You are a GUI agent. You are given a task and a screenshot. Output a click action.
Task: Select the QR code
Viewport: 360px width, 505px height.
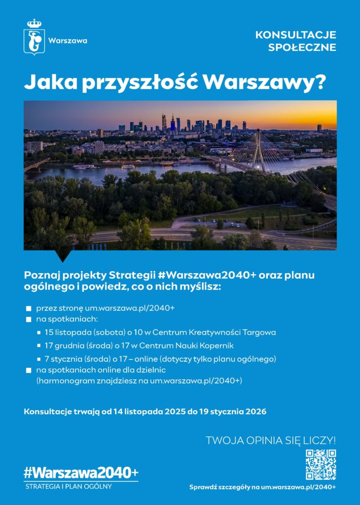(321, 465)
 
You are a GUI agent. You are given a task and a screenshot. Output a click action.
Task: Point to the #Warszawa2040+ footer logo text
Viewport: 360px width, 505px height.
(81, 472)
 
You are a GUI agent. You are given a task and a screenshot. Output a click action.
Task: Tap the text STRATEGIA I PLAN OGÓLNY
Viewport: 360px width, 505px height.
(69, 486)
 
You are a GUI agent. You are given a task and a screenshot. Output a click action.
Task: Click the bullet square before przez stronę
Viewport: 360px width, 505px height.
(29, 308)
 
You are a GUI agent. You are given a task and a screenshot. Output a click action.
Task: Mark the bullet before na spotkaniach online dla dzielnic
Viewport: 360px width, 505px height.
(29, 370)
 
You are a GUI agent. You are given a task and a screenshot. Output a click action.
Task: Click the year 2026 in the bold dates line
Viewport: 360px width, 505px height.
(253, 411)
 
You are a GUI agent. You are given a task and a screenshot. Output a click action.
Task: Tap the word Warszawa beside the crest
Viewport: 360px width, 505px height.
(68, 40)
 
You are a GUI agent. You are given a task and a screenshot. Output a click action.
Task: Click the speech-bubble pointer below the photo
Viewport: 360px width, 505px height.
(64, 255)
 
